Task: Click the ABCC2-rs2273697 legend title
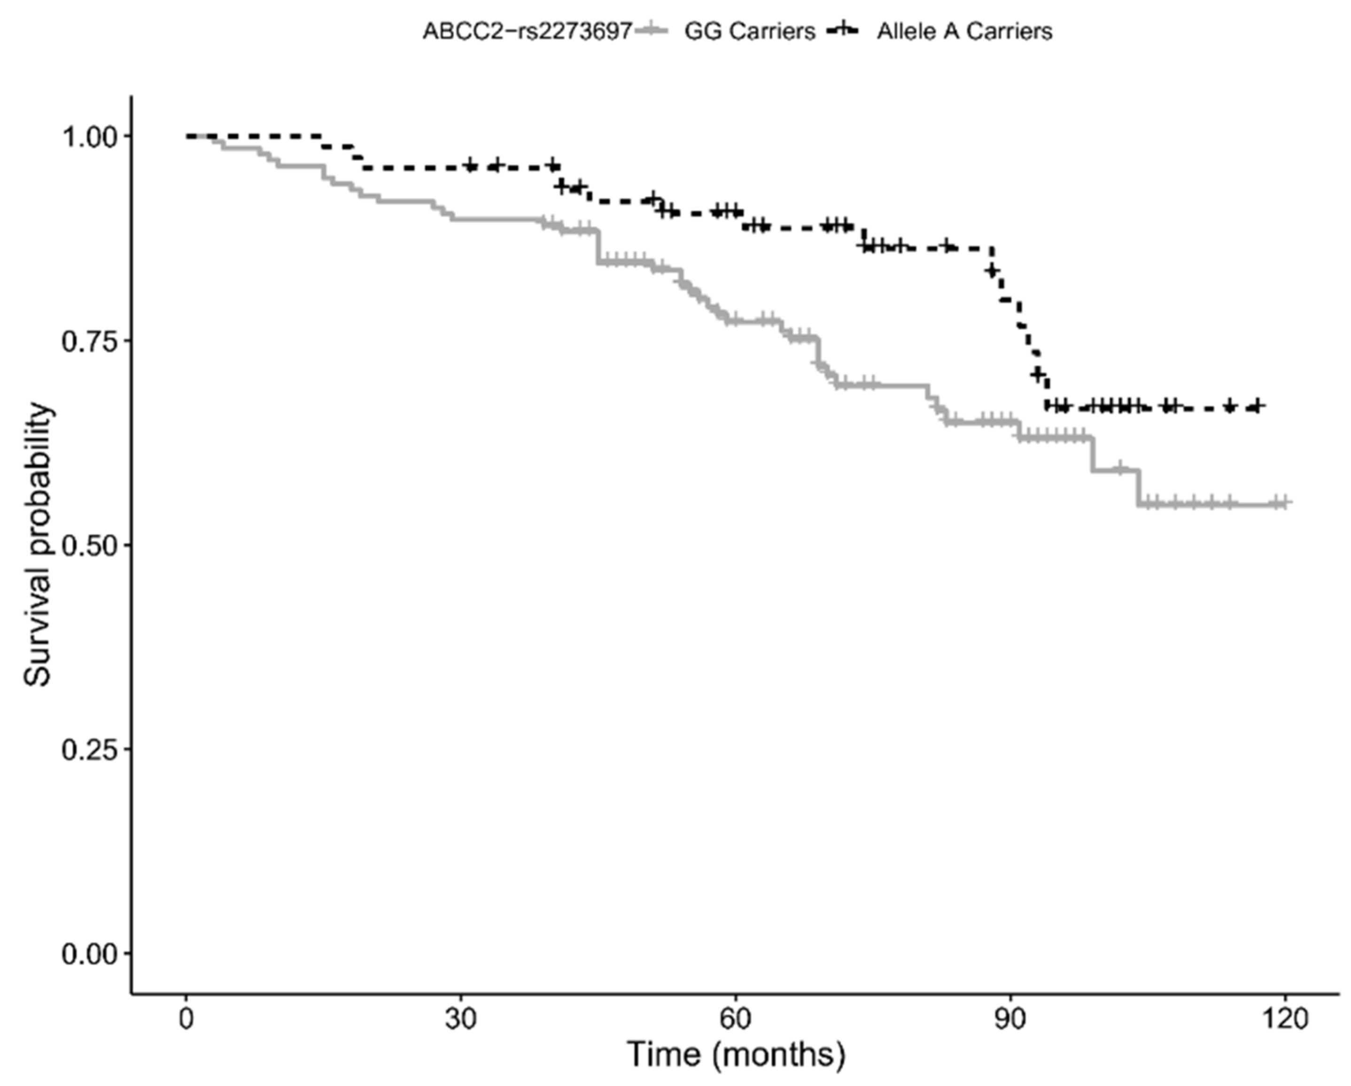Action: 527,31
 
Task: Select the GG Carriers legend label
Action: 749,31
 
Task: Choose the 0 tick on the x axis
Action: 186,1020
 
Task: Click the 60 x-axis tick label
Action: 736,1020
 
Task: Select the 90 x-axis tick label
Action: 1010,1020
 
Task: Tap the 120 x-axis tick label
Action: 1285,1020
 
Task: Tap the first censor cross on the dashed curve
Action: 471,166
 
